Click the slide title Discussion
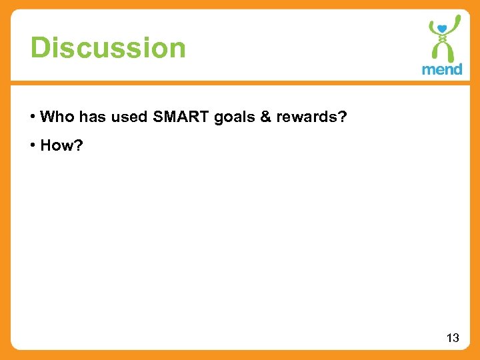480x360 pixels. coord(108,48)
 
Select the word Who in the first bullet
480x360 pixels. coord(57,117)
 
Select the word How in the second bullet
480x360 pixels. coord(55,145)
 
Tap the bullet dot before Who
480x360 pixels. coord(33,117)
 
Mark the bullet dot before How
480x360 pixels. coord(33,145)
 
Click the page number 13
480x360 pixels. coord(453,338)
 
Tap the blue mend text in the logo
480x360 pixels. coord(442,69)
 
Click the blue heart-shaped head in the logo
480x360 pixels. coord(442,28)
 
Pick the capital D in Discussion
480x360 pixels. coord(39,48)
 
